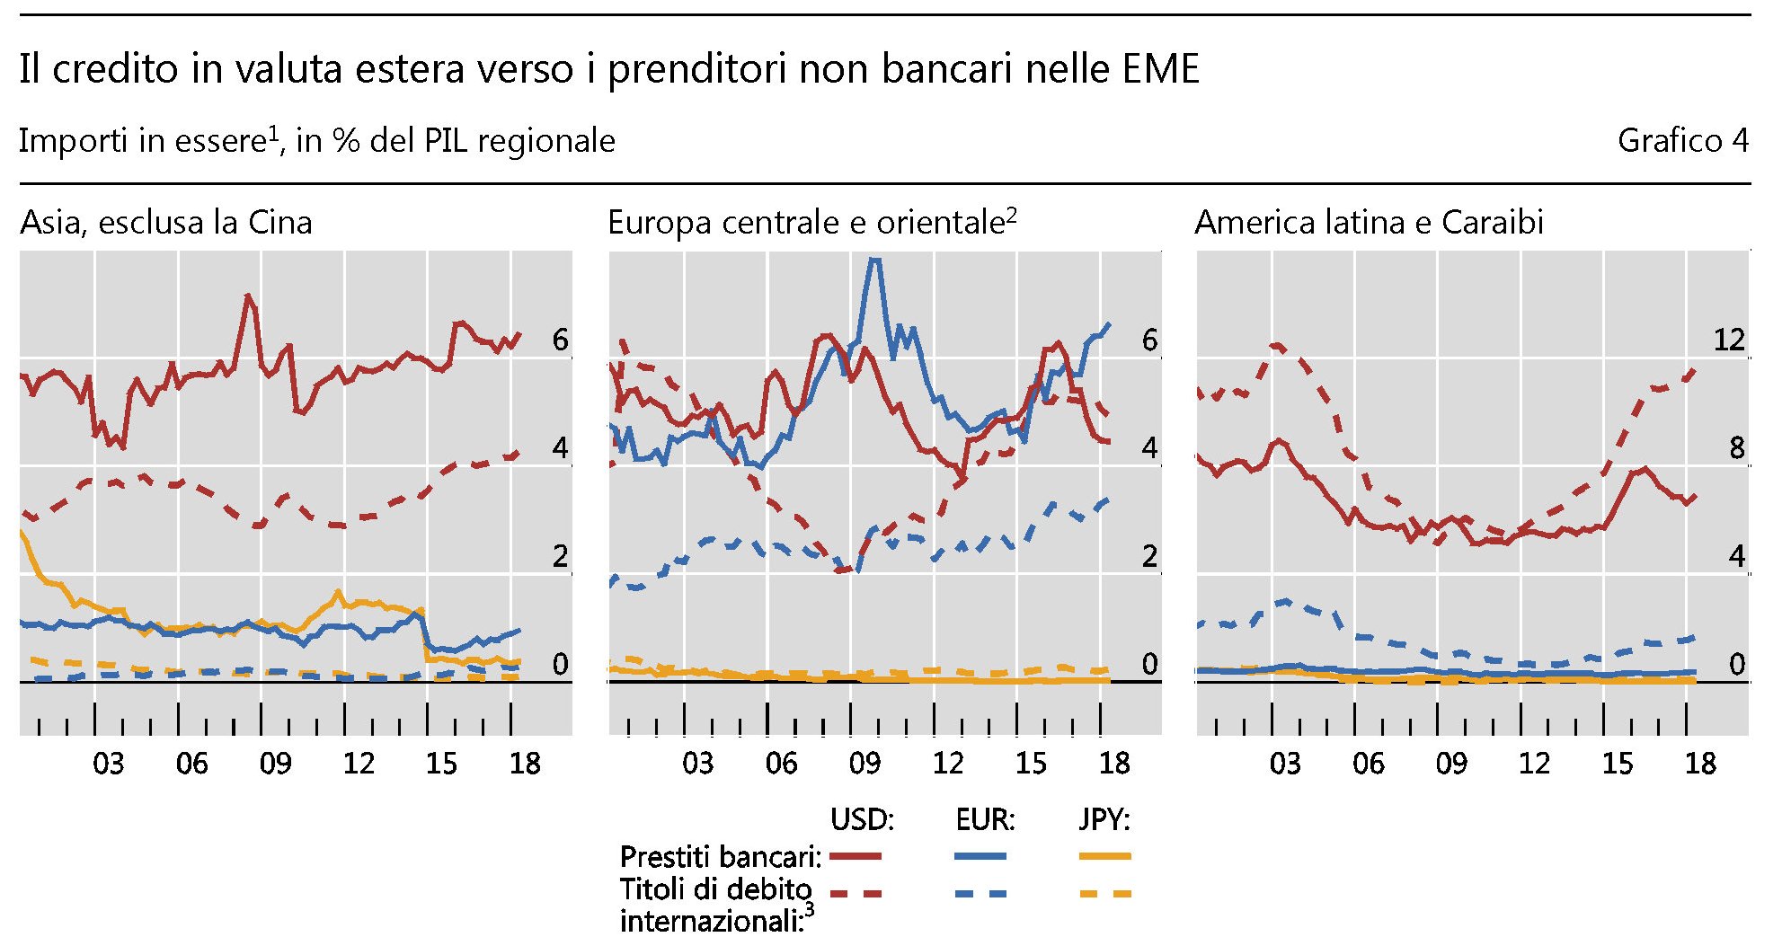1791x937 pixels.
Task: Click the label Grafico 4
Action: click(x=1682, y=141)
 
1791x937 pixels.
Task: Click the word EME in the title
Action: click(x=1161, y=69)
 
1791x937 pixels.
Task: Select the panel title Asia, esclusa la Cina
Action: click(x=166, y=223)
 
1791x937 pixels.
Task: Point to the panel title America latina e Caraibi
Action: click(x=1369, y=223)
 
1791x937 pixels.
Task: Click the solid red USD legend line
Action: click(x=855, y=857)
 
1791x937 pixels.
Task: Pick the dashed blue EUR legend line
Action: click(x=980, y=894)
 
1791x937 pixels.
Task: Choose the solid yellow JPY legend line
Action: click(x=1104, y=857)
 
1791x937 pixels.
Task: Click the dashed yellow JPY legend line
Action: click(x=1104, y=894)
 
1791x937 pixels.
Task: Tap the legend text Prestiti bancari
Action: click(x=721, y=857)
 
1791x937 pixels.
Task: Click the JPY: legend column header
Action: click(x=1104, y=819)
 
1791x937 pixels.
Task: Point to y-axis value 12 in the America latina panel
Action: click(x=1728, y=340)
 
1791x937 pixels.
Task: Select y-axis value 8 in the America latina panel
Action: click(x=1736, y=448)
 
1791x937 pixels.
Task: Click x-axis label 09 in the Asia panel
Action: click(x=275, y=764)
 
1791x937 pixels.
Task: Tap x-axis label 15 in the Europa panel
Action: click(x=1031, y=764)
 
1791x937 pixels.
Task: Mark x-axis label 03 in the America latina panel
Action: click(x=1284, y=764)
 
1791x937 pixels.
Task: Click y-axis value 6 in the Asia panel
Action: click(x=561, y=340)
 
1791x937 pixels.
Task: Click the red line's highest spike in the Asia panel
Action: click(x=248, y=296)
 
